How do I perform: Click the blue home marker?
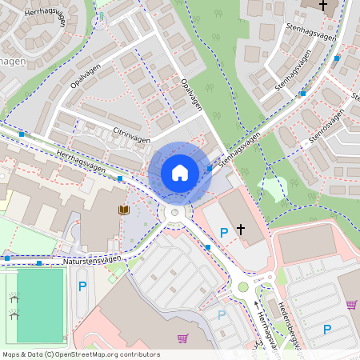tap(180, 172)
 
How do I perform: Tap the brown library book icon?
tap(123, 210)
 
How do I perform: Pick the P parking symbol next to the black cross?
tap(224, 232)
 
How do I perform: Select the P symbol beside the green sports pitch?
tap(82, 286)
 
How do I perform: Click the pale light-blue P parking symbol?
tap(222, 314)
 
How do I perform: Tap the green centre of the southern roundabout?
tap(243, 287)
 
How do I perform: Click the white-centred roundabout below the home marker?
tap(174, 213)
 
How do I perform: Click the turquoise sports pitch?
tap(40, 305)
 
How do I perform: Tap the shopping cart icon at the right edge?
tap(350, 303)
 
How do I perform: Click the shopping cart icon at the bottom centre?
tap(183, 338)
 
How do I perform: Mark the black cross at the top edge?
tap(323, 6)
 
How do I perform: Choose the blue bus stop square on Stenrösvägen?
tap(302, 94)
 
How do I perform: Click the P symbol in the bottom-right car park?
tap(326, 329)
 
